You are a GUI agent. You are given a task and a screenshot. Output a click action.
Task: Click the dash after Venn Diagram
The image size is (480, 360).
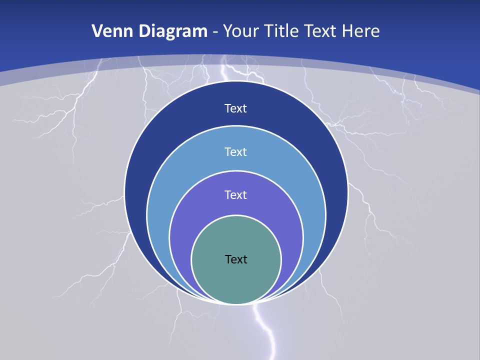click(x=215, y=32)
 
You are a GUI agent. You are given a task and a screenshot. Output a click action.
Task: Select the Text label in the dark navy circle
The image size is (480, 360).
click(x=236, y=108)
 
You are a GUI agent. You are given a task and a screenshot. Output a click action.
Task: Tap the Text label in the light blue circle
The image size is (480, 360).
click(x=236, y=151)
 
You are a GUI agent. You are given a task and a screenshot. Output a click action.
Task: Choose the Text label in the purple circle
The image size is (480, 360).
click(x=236, y=194)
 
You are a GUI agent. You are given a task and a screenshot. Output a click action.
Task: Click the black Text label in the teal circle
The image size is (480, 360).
click(x=236, y=259)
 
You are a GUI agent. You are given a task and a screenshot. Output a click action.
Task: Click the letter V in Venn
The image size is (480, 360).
click(x=96, y=31)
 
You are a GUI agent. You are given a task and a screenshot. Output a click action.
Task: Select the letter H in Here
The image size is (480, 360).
click(x=348, y=31)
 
